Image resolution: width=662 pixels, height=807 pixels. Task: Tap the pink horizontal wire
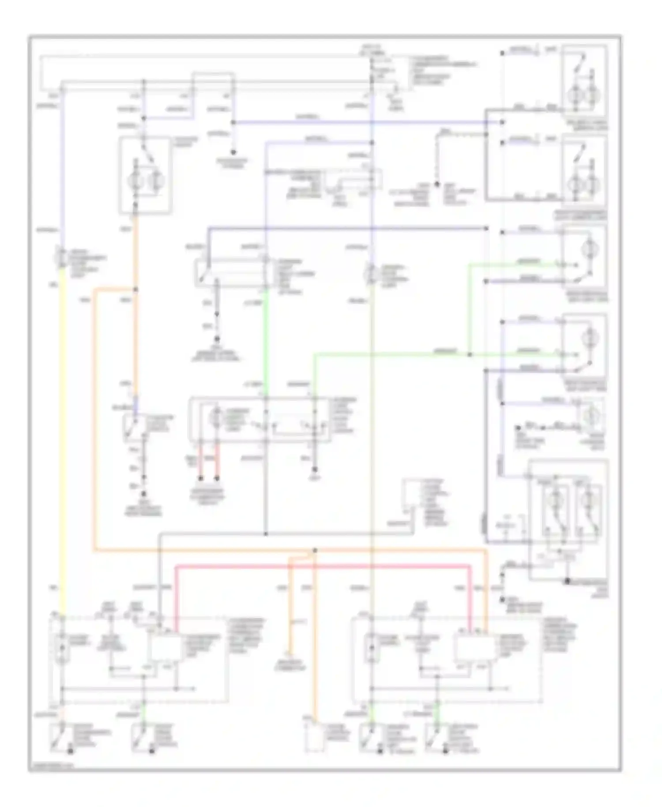322,566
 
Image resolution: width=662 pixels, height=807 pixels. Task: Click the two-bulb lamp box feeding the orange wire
145,176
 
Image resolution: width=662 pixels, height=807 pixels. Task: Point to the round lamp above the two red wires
217,417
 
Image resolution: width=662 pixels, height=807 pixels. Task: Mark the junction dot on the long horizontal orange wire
315,550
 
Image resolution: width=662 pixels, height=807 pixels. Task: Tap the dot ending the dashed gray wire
437,184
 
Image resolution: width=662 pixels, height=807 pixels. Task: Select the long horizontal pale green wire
388,354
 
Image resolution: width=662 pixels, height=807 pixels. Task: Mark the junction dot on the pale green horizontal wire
470,354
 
